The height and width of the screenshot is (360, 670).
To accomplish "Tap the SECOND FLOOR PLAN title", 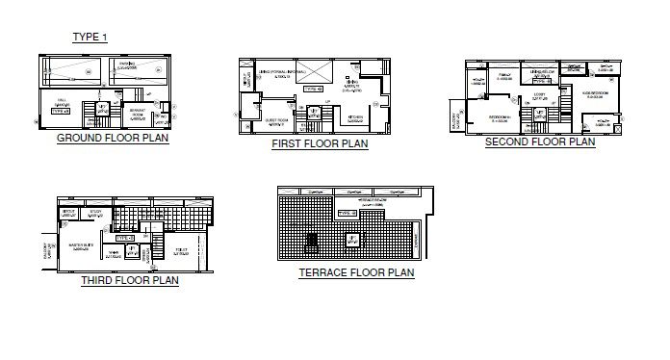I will click(539, 141).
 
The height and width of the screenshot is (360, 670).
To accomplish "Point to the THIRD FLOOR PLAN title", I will click(129, 281).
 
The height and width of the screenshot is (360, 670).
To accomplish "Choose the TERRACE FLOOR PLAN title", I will click(356, 272).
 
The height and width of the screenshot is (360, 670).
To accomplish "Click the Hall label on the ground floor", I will click(63, 104).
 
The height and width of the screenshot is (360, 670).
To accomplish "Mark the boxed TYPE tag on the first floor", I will click(313, 89).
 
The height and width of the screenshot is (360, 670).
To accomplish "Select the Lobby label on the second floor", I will click(540, 97).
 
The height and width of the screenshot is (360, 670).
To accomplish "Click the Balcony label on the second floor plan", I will click(455, 120).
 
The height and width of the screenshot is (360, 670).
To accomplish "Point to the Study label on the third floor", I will click(94, 214).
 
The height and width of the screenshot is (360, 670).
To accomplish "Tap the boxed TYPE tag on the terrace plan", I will click(347, 212).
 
